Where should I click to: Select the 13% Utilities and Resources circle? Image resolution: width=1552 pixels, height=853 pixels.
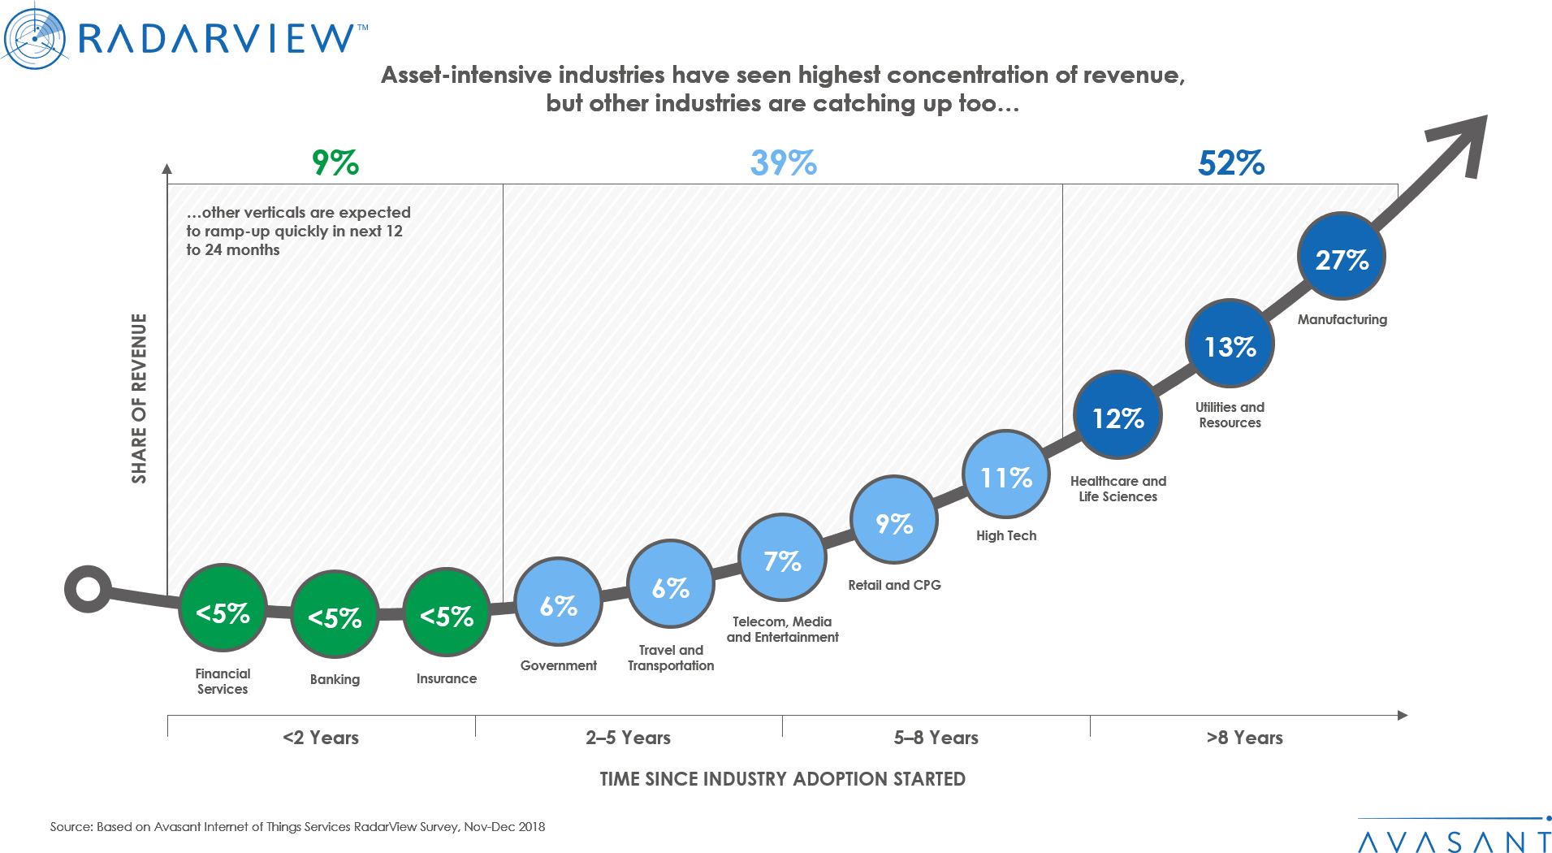1230,345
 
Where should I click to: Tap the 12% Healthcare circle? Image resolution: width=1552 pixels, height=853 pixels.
1118,417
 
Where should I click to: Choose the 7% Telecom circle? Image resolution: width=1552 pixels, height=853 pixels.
782,560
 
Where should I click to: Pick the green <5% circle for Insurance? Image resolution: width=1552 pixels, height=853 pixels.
447,615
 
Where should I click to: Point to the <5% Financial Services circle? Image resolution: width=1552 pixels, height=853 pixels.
223,611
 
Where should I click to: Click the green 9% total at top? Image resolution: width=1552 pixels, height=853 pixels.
335,163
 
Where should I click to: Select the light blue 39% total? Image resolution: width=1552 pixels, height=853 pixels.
783,163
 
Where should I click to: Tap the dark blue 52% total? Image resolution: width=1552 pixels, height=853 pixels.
1231,163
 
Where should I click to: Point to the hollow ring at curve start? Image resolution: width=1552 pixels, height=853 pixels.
89,589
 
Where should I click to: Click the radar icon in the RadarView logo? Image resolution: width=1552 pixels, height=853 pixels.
34,37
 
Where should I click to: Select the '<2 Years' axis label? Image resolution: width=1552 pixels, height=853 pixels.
322,738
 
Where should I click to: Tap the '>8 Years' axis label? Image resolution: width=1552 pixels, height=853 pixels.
1244,738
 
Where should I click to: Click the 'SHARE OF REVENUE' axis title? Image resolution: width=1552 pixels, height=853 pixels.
140,398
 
